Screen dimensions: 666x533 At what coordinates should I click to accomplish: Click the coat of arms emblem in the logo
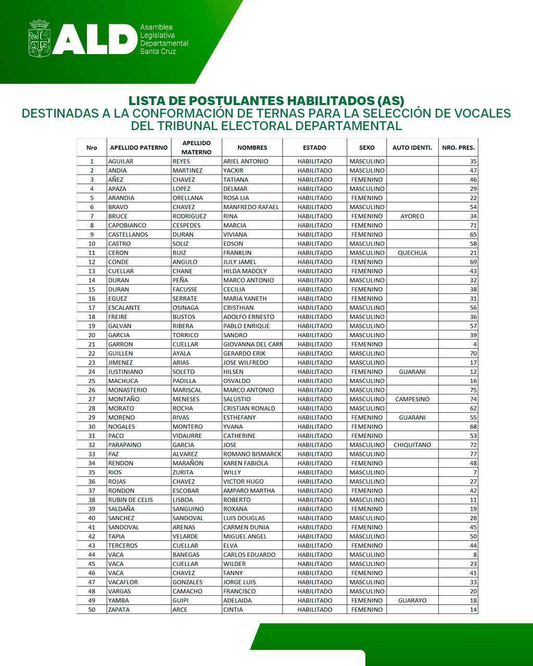click(x=40, y=39)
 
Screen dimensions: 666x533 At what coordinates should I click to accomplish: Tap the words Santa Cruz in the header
click(x=158, y=52)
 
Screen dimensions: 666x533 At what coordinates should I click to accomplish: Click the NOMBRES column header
click(x=252, y=148)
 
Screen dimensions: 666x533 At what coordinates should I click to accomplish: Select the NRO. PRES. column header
click(x=458, y=148)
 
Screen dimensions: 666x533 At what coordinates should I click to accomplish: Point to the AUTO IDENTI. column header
click(x=412, y=148)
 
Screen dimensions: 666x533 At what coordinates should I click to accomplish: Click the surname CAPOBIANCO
click(x=127, y=225)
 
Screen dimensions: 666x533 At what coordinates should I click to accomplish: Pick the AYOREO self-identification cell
click(x=412, y=216)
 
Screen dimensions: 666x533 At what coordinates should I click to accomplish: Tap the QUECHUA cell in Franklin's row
click(x=412, y=253)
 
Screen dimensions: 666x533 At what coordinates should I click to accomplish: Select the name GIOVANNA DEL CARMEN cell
click(x=252, y=344)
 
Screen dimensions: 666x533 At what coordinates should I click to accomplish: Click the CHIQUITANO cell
click(x=412, y=445)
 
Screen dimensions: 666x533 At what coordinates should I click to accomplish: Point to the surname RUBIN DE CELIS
click(x=130, y=500)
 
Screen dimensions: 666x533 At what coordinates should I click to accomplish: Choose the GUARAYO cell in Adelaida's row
click(x=412, y=600)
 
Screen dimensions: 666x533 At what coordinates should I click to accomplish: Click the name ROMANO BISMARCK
click(x=252, y=454)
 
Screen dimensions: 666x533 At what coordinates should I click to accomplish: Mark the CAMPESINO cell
click(x=412, y=399)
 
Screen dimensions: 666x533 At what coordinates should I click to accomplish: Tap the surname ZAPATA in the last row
click(x=119, y=610)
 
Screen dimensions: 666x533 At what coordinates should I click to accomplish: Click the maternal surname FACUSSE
click(x=185, y=289)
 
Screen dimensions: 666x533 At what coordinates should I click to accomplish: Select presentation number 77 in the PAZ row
click(x=473, y=454)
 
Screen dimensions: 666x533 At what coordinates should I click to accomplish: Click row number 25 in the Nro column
click(x=92, y=381)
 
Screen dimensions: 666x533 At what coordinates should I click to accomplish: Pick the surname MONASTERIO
click(x=128, y=390)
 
